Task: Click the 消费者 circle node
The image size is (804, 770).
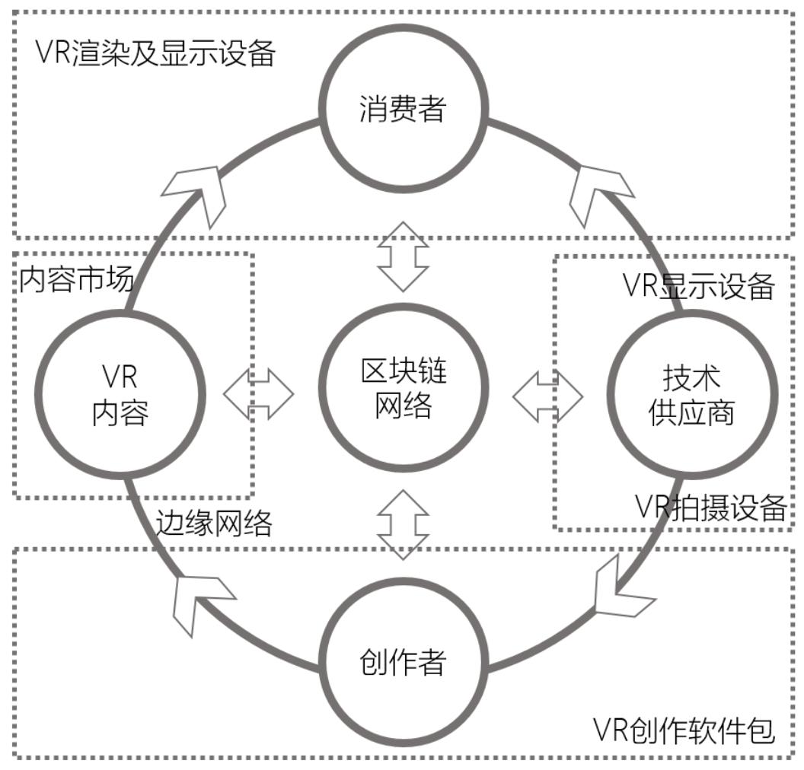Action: pos(403,108)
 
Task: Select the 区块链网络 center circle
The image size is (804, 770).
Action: pos(403,387)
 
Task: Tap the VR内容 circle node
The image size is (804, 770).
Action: pos(120,395)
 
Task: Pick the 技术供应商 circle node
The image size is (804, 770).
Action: pos(692,395)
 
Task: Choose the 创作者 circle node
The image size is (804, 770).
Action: pos(403,662)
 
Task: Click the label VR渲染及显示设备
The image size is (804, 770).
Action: pos(155,52)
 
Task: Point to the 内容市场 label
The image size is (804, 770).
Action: pos(76,280)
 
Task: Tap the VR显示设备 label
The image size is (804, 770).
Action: pos(698,285)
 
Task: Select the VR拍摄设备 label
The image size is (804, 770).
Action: pos(710,508)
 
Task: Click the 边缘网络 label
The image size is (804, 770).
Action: pos(214,523)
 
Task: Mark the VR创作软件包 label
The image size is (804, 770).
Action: pos(684,730)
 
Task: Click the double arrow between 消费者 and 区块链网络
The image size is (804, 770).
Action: pos(403,256)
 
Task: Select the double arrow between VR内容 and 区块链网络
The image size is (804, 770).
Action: pos(258,394)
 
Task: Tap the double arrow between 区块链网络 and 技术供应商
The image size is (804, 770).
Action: pos(547,396)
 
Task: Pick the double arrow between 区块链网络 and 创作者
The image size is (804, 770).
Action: pos(403,524)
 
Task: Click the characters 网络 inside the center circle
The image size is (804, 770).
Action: pos(403,406)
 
